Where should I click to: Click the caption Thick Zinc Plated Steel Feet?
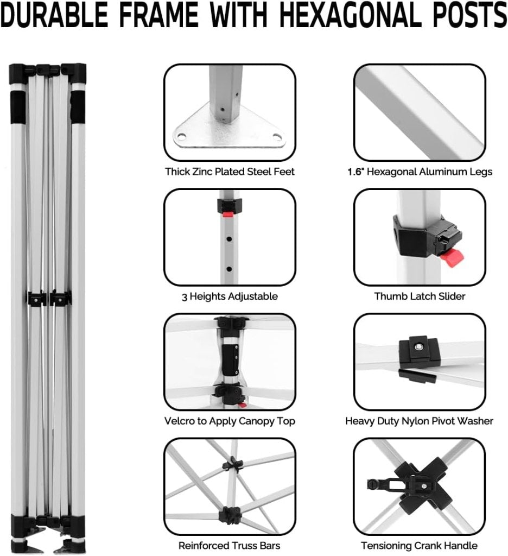click(x=230, y=172)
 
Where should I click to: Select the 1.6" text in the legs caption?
click(x=355, y=172)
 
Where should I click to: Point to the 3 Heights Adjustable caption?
click(x=230, y=296)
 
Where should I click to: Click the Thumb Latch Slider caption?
click(x=420, y=296)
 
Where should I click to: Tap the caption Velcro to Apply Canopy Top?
click(x=230, y=421)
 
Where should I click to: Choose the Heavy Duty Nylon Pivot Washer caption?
click(x=420, y=421)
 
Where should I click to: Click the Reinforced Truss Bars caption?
click(x=230, y=545)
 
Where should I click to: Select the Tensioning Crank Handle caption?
click(x=420, y=545)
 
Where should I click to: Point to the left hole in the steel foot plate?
click(x=181, y=136)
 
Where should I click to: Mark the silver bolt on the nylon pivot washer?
click(x=418, y=347)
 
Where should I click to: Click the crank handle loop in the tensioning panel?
click(x=372, y=484)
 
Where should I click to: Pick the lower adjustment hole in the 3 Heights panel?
click(x=229, y=269)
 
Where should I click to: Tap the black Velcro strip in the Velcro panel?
click(x=230, y=359)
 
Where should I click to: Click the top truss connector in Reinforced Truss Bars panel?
click(x=232, y=464)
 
